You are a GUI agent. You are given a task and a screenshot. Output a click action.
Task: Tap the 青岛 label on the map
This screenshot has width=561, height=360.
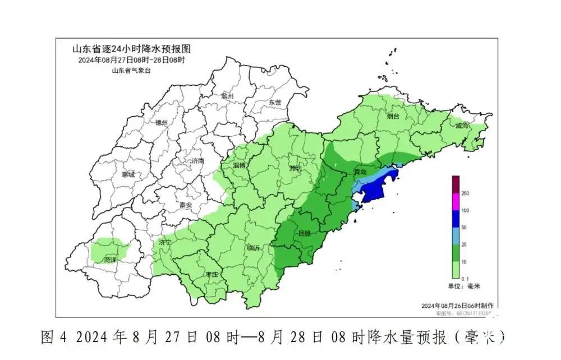(x=360, y=171)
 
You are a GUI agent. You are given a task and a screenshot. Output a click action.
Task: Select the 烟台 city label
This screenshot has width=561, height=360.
(x=393, y=116)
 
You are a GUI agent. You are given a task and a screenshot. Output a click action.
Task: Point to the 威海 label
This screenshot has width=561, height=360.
(x=462, y=126)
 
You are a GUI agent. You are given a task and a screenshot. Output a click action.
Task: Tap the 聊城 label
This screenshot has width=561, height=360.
(x=128, y=174)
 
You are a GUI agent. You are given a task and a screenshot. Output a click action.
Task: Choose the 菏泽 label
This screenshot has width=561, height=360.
(x=111, y=260)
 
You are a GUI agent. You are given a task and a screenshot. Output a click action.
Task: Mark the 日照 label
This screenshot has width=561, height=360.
(x=305, y=233)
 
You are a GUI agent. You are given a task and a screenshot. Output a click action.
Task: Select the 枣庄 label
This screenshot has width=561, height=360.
(x=211, y=275)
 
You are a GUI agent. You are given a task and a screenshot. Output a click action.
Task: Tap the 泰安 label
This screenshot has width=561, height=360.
(x=186, y=205)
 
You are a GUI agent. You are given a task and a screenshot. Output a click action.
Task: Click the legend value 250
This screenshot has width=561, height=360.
(x=465, y=193)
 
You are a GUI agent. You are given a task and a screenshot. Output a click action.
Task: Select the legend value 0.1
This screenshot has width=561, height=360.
(x=465, y=279)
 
